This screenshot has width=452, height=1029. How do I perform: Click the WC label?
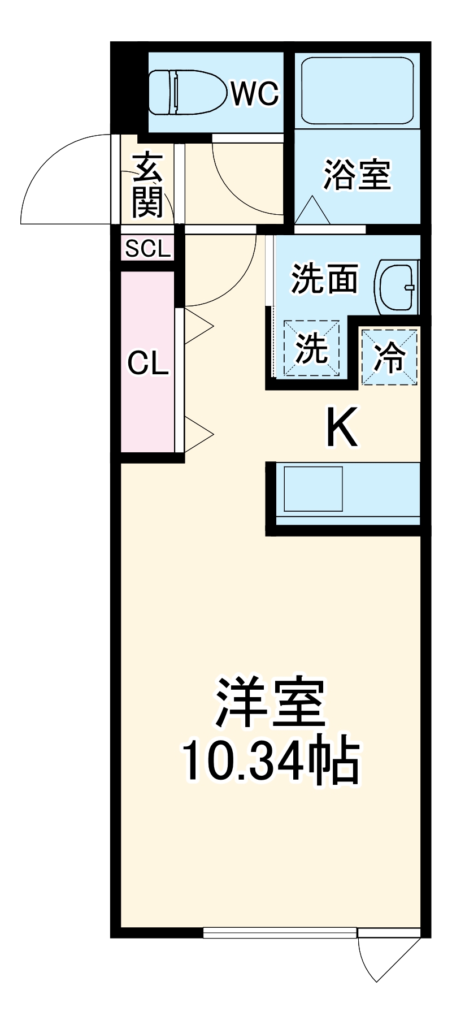click(255, 93)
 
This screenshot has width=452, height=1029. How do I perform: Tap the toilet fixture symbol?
click(182, 92)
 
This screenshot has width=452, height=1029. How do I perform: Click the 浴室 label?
click(357, 175)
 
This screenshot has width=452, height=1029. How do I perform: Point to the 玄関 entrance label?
click(147, 185)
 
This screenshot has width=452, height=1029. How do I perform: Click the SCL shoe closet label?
click(147, 249)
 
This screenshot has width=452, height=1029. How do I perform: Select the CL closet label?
click(148, 364)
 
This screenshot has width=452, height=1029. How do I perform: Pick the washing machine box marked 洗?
click(312, 348)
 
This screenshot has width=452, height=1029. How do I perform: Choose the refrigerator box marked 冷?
click(390, 357)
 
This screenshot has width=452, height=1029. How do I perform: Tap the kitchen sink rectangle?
click(313, 488)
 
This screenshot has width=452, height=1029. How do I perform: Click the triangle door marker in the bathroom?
click(312, 211)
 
